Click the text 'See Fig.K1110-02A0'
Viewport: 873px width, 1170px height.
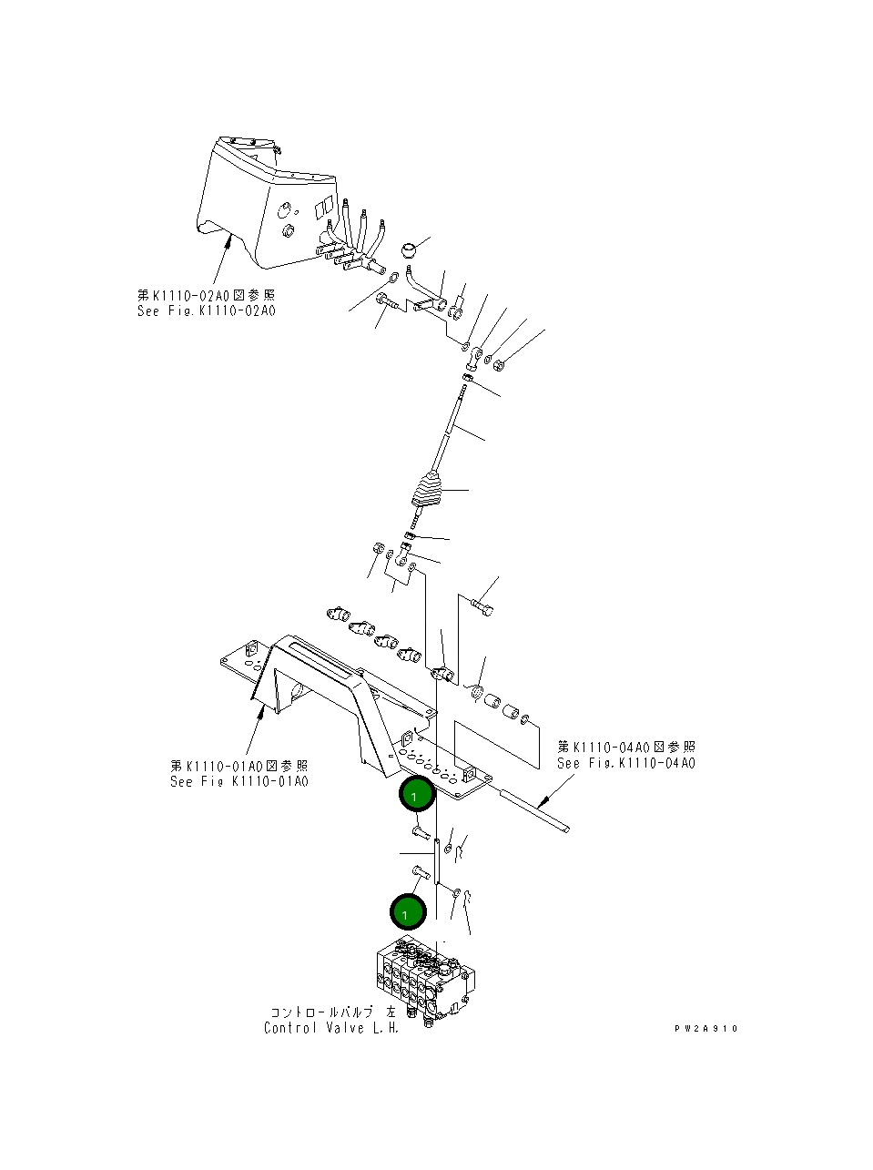coord(206,311)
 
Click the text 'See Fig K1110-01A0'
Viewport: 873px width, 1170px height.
coord(239,782)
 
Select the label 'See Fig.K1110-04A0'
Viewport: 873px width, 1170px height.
coord(626,764)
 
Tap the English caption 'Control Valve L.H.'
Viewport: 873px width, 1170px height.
coord(331,1028)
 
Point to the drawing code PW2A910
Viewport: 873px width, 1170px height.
coord(706,1029)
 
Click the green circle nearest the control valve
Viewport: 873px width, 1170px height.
coord(408,911)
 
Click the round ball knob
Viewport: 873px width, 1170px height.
coord(411,249)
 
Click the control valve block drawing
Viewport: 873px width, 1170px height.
coord(423,978)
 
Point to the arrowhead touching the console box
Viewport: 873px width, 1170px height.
coord(228,239)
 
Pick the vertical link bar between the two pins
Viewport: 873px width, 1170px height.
coord(437,860)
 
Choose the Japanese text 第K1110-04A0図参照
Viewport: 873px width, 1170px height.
coord(626,748)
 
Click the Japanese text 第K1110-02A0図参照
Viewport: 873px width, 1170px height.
coord(206,295)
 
